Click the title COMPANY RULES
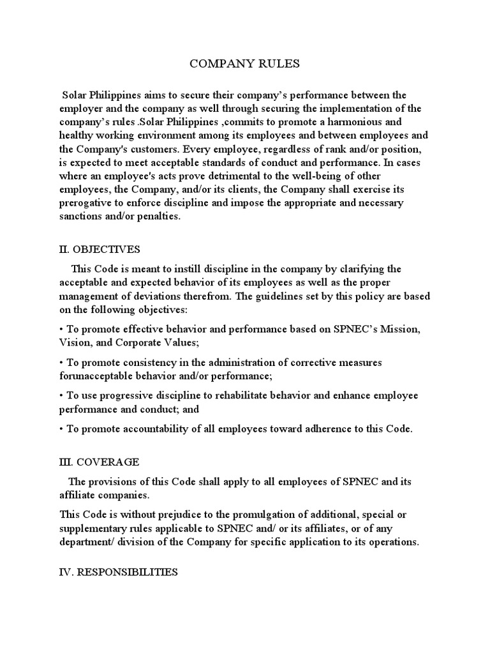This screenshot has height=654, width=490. click(x=245, y=64)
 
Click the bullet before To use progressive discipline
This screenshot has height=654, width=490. click(x=62, y=395)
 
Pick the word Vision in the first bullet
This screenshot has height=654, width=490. click(x=74, y=342)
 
